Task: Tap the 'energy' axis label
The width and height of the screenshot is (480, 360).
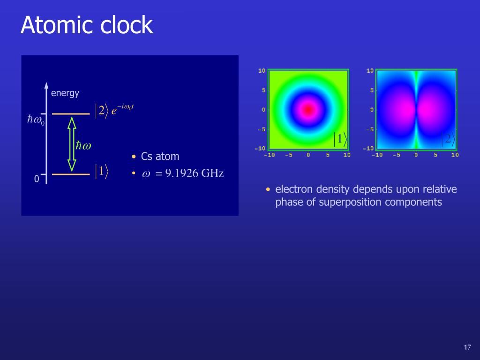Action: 65,93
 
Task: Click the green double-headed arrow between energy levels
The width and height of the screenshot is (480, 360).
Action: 72,143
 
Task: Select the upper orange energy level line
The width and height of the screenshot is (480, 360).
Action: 71,113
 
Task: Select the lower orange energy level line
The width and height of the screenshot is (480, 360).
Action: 71,174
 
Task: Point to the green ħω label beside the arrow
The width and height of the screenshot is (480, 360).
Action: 83,145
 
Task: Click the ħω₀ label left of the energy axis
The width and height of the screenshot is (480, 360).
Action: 36,120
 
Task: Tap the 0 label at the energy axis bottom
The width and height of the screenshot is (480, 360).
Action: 37,180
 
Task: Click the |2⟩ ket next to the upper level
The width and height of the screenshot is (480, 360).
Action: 101,111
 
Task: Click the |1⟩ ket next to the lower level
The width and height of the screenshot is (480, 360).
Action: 101,171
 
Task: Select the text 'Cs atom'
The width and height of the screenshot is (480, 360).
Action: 160,157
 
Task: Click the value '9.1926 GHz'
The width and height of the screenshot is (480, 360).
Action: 194,173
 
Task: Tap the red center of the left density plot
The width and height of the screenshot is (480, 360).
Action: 308,110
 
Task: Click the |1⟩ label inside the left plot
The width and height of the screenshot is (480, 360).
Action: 340,139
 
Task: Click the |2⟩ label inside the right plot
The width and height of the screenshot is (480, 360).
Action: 448,139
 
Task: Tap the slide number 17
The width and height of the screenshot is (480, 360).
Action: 467,347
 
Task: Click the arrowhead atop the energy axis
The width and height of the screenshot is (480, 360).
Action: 46,85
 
